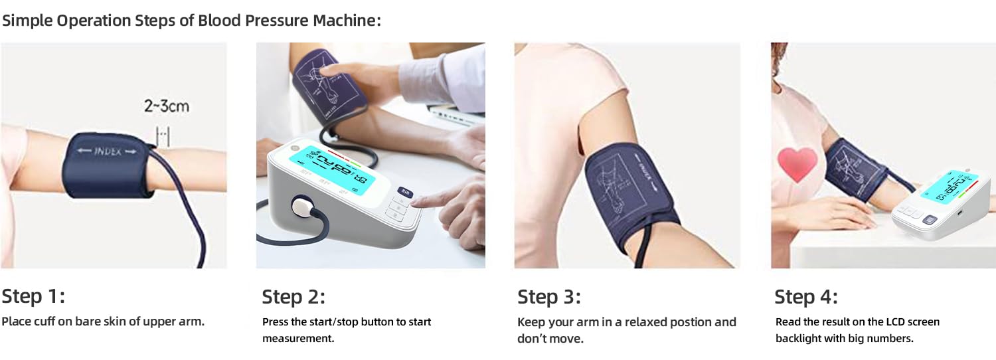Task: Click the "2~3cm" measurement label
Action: (x=165, y=105)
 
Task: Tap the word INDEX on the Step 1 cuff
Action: (x=106, y=151)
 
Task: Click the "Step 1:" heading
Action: (x=33, y=296)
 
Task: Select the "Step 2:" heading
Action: (x=293, y=296)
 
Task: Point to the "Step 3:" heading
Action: (x=549, y=296)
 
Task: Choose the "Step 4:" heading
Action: (x=806, y=296)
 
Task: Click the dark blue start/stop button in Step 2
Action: (x=405, y=193)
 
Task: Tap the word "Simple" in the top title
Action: (x=27, y=20)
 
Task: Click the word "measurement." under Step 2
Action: (x=298, y=339)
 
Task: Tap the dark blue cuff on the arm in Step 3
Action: (x=627, y=193)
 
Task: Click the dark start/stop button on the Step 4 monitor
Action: (x=928, y=221)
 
